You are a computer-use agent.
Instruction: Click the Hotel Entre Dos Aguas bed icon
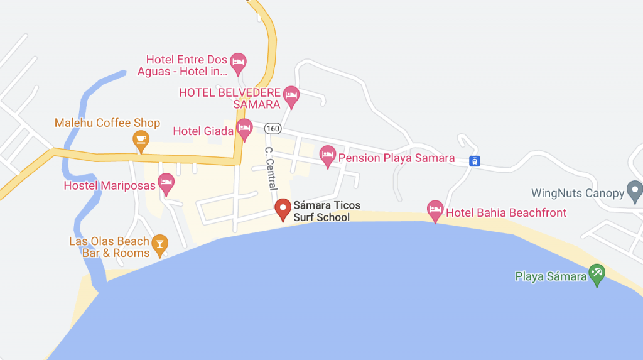tap(237, 62)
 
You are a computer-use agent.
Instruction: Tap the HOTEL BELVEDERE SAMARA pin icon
tap(291, 95)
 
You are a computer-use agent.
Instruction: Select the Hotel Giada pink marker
tap(244, 129)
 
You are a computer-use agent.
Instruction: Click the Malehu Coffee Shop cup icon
tap(141, 139)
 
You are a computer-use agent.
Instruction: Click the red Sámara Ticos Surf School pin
tap(283, 209)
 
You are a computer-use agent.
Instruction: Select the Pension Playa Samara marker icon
tap(328, 155)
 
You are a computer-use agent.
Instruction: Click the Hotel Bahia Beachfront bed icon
tap(435, 210)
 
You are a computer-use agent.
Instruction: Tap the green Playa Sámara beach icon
tap(597, 274)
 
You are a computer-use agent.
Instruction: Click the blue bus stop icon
tap(475, 161)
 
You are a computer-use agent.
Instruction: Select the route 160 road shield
tap(272, 129)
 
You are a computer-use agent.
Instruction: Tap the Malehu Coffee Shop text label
tap(107, 123)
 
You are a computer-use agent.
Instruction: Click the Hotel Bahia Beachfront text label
tap(506, 213)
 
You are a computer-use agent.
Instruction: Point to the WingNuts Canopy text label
tap(578, 194)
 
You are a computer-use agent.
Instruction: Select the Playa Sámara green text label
tap(551, 276)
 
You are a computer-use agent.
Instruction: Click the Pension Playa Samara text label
tap(396, 158)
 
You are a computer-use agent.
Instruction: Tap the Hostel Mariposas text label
tap(109, 186)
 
